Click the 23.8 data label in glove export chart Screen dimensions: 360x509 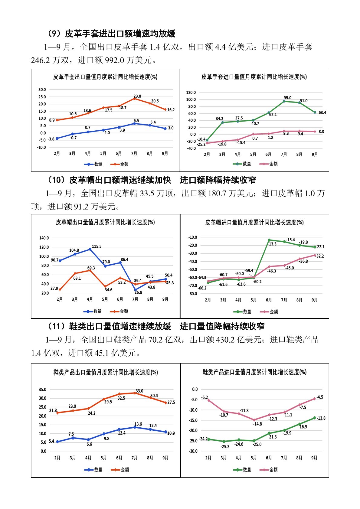tap(137, 96)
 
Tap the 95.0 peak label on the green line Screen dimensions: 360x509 tap(287, 98)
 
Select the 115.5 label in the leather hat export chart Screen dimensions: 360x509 tap(97, 246)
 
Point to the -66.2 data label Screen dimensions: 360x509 tap(202, 288)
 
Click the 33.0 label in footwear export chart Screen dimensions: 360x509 tap(139, 391)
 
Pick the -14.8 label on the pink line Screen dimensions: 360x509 tap(257, 424)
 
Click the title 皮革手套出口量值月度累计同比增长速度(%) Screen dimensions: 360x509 tap(105, 77)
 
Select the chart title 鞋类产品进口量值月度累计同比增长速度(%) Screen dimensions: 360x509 tap(254, 372)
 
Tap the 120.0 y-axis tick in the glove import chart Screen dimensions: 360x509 tap(191, 93)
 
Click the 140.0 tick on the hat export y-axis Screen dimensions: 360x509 tap(44, 238)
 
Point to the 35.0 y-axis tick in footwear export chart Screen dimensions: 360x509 tap(42, 390)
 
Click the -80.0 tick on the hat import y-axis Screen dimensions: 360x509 tap(192, 294)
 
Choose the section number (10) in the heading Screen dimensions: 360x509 tap(56, 180)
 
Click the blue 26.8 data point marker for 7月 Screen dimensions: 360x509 tap(136, 290)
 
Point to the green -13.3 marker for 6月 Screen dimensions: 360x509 tap(269, 240)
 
